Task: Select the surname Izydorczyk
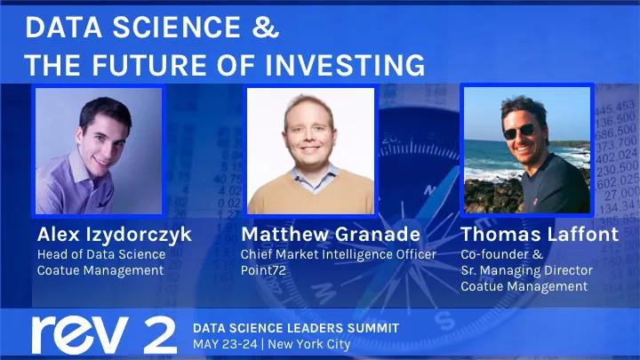(139, 235)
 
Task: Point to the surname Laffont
(583, 235)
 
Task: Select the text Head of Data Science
(101, 254)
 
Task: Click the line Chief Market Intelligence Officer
(339, 255)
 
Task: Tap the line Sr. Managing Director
(526, 270)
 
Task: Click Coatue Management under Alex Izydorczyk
(100, 270)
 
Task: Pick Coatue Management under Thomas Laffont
(524, 286)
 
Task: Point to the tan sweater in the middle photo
(310, 193)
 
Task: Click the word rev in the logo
(80, 335)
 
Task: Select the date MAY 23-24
(225, 344)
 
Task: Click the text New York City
(309, 345)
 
